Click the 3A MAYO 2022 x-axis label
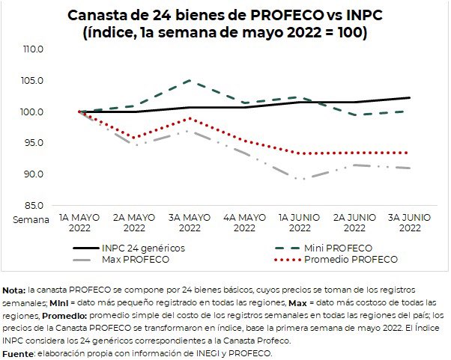(190, 222)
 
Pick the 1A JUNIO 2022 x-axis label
(300, 222)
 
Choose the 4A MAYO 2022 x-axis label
(245, 222)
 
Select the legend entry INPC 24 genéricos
(143, 247)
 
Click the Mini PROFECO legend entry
(339, 247)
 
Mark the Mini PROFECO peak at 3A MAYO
(190, 80)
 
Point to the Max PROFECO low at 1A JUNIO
(300, 180)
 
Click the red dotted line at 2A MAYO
(135, 138)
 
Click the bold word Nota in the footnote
(13, 289)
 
